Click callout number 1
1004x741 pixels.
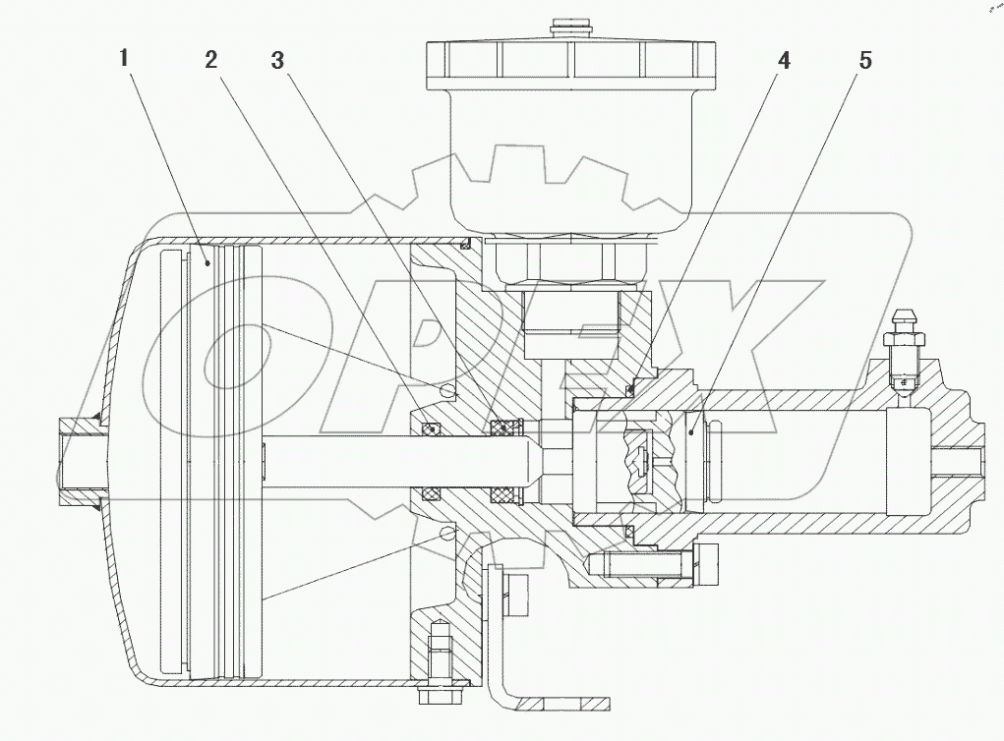(x=123, y=58)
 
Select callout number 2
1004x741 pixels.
(x=210, y=59)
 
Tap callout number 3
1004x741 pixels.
(x=278, y=59)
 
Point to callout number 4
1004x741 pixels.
(x=783, y=59)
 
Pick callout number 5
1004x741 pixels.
(x=865, y=59)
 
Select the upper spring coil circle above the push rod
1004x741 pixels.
(x=449, y=391)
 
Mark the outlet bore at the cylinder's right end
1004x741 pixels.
(x=960, y=462)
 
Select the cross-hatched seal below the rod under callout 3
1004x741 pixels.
(x=504, y=493)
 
